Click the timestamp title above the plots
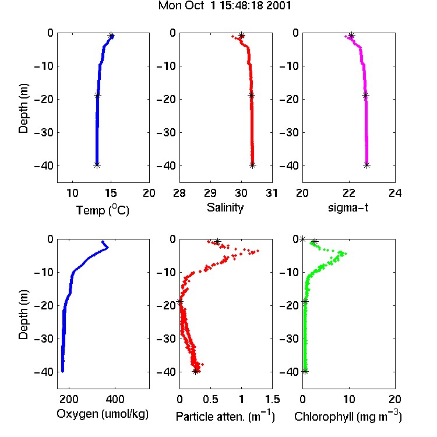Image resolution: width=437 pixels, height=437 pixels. click(x=225, y=6)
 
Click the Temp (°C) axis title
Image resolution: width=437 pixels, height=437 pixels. click(x=103, y=210)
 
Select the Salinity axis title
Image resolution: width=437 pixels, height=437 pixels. click(x=225, y=207)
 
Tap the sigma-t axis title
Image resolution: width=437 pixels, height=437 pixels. click(x=348, y=207)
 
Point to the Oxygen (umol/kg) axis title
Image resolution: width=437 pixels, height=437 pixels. click(x=103, y=414)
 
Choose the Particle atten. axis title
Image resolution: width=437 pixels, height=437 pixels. click(x=225, y=416)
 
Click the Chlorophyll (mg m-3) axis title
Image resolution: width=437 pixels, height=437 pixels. click(x=348, y=416)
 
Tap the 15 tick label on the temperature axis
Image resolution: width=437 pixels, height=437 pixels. click(x=111, y=193)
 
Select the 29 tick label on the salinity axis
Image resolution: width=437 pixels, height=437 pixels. click(x=210, y=193)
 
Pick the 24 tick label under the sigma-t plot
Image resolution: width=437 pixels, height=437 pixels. click(x=395, y=193)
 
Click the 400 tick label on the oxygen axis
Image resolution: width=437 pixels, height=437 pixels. click(x=115, y=399)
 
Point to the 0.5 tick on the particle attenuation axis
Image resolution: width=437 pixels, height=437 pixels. click(x=210, y=399)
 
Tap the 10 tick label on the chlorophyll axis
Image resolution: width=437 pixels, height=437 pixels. click(x=349, y=399)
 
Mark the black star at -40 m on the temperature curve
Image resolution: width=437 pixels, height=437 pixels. click(x=97, y=165)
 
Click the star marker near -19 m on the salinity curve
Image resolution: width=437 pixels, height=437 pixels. click(x=251, y=96)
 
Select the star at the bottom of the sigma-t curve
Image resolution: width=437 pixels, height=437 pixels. click(x=366, y=165)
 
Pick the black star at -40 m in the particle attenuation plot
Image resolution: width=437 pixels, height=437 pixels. click(x=196, y=371)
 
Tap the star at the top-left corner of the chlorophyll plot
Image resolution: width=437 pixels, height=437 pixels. click(x=302, y=239)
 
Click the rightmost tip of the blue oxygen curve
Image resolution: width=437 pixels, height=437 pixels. click(x=108, y=247)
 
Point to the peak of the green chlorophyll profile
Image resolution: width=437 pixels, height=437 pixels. click(x=346, y=253)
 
